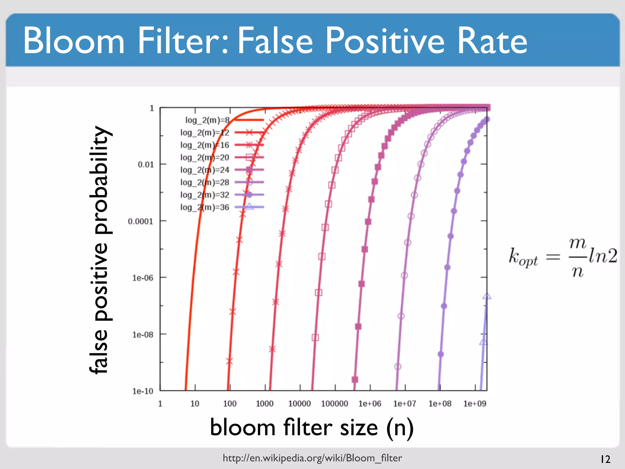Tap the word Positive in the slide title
[x=385, y=41]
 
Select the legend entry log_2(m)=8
[x=208, y=120]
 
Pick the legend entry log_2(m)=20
[x=204, y=158]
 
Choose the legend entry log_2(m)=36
[x=204, y=207]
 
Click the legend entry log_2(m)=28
[x=204, y=182]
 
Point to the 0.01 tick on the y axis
[x=146, y=165]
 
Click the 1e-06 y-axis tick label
[x=143, y=278]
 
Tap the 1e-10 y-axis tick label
[x=143, y=391]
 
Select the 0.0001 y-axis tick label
[x=140, y=221]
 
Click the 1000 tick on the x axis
[x=265, y=404]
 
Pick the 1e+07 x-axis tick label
[x=405, y=404]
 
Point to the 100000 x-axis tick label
[x=334, y=404]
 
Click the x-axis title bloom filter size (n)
[x=312, y=427]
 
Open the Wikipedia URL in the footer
[x=312, y=458]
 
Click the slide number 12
[x=605, y=459]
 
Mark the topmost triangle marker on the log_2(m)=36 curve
[x=487, y=296]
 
